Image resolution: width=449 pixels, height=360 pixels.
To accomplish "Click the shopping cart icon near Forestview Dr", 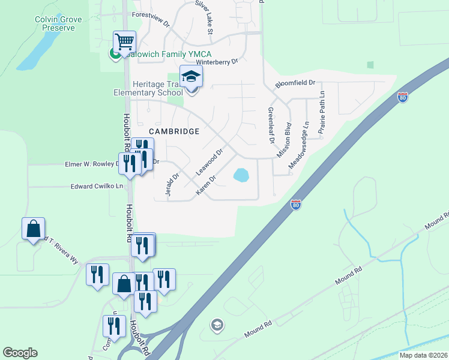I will pos(124,41).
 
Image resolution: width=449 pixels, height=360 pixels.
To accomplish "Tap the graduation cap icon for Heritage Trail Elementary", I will pos(191,77).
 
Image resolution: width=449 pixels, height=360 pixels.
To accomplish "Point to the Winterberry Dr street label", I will pos(213,61).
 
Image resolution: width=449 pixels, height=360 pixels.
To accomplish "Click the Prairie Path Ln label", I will pos(322,112).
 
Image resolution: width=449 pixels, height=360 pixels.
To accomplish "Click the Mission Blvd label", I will pos(284,140).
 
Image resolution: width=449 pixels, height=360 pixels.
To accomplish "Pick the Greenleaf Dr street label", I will pos(271,125).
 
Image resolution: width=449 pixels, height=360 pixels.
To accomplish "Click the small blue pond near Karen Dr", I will pos(241,175).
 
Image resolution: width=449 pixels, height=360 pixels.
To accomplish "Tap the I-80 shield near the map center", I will pos(295,205).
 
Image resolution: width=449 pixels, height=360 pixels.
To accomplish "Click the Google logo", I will pos(20,352).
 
